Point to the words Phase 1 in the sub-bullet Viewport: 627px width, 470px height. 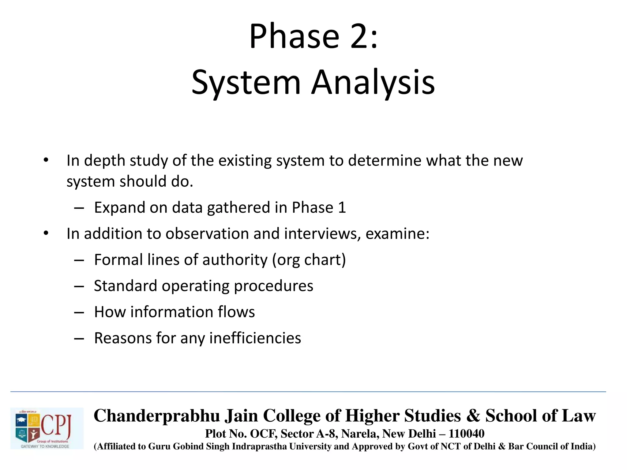pos(319,208)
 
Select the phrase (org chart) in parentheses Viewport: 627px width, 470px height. pos(309,260)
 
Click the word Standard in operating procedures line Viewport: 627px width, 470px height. pos(125,286)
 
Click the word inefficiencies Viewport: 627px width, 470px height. pos(255,338)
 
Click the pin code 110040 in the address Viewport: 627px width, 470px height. pos(466,434)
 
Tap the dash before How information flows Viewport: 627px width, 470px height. pos(79,312)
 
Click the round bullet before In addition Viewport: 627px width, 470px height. pos(46,233)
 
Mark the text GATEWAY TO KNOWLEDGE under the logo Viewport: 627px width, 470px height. pos(45,446)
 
